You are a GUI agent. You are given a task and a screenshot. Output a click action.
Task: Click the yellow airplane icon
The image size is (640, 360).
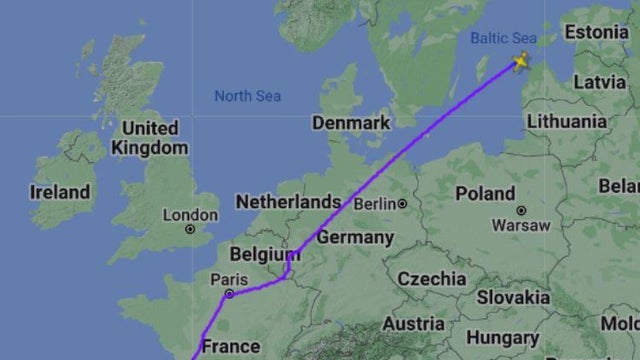520,62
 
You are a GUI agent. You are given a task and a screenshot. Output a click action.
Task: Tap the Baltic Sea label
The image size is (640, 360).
503,38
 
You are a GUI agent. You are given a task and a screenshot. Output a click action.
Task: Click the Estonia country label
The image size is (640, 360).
597,32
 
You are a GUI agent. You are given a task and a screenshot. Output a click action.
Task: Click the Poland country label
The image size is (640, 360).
485,193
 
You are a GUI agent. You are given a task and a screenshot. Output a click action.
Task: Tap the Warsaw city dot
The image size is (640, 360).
521,210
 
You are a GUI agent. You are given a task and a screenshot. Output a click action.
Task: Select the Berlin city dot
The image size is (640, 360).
402,204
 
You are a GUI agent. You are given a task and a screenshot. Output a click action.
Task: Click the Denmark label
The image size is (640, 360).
350,122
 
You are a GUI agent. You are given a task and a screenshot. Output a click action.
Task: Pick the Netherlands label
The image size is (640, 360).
288,202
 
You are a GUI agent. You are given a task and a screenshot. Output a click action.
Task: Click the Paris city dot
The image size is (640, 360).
229,294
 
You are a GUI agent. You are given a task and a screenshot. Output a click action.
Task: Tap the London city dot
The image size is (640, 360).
190,229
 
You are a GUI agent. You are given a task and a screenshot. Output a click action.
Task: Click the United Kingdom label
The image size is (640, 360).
150,138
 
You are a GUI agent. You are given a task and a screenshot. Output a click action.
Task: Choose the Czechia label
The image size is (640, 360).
431,278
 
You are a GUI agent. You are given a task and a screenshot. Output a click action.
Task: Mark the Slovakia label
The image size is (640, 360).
512,297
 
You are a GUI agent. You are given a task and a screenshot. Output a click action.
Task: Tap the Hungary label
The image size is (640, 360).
502,339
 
